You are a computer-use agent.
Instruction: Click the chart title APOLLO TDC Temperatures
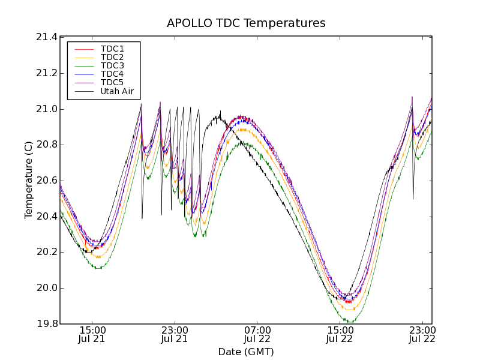point(246,23)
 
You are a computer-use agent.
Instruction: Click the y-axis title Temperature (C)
point(29,180)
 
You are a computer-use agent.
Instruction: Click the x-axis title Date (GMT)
point(246,352)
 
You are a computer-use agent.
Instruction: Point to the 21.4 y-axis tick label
point(47,37)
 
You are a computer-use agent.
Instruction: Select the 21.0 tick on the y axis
point(47,109)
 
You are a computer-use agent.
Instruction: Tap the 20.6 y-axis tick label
point(47,181)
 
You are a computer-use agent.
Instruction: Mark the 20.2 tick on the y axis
point(47,252)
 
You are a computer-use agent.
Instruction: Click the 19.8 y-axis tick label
point(47,324)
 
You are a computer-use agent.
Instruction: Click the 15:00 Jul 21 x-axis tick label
point(92,334)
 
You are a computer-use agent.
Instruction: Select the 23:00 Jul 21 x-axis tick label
point(175,334)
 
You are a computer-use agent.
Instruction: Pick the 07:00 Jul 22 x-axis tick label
point(257,334)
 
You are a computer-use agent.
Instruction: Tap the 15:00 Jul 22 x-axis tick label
point(340,334)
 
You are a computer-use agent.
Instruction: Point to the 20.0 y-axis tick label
point(47,288)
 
